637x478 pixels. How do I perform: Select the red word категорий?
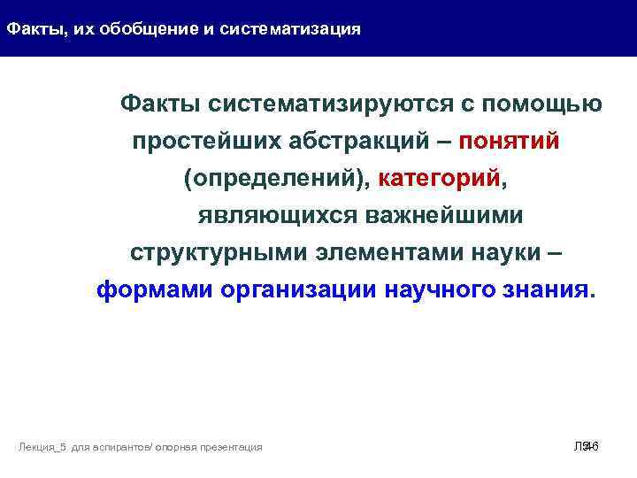point(439,180)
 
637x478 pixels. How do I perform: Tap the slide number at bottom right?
point(587,447)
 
